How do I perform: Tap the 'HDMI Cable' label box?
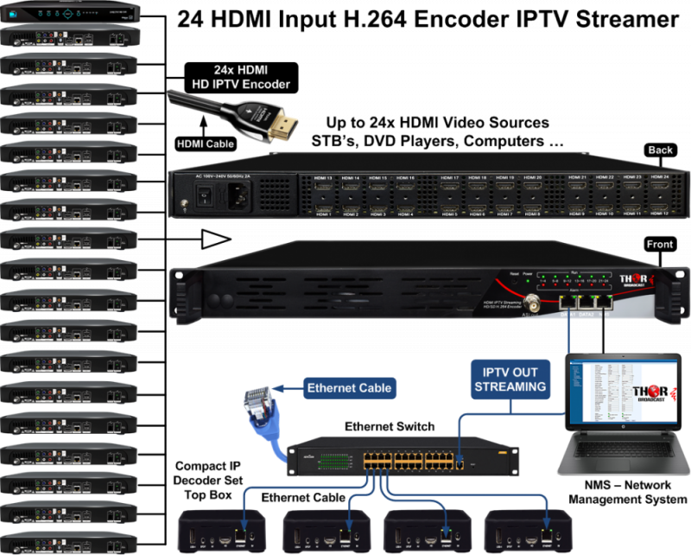pyautogui.click(x=204, y=145)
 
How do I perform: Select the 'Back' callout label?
pyautogui.click(x=660, y=150)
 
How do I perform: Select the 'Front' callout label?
pyautogui.click(x=660, y=245)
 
